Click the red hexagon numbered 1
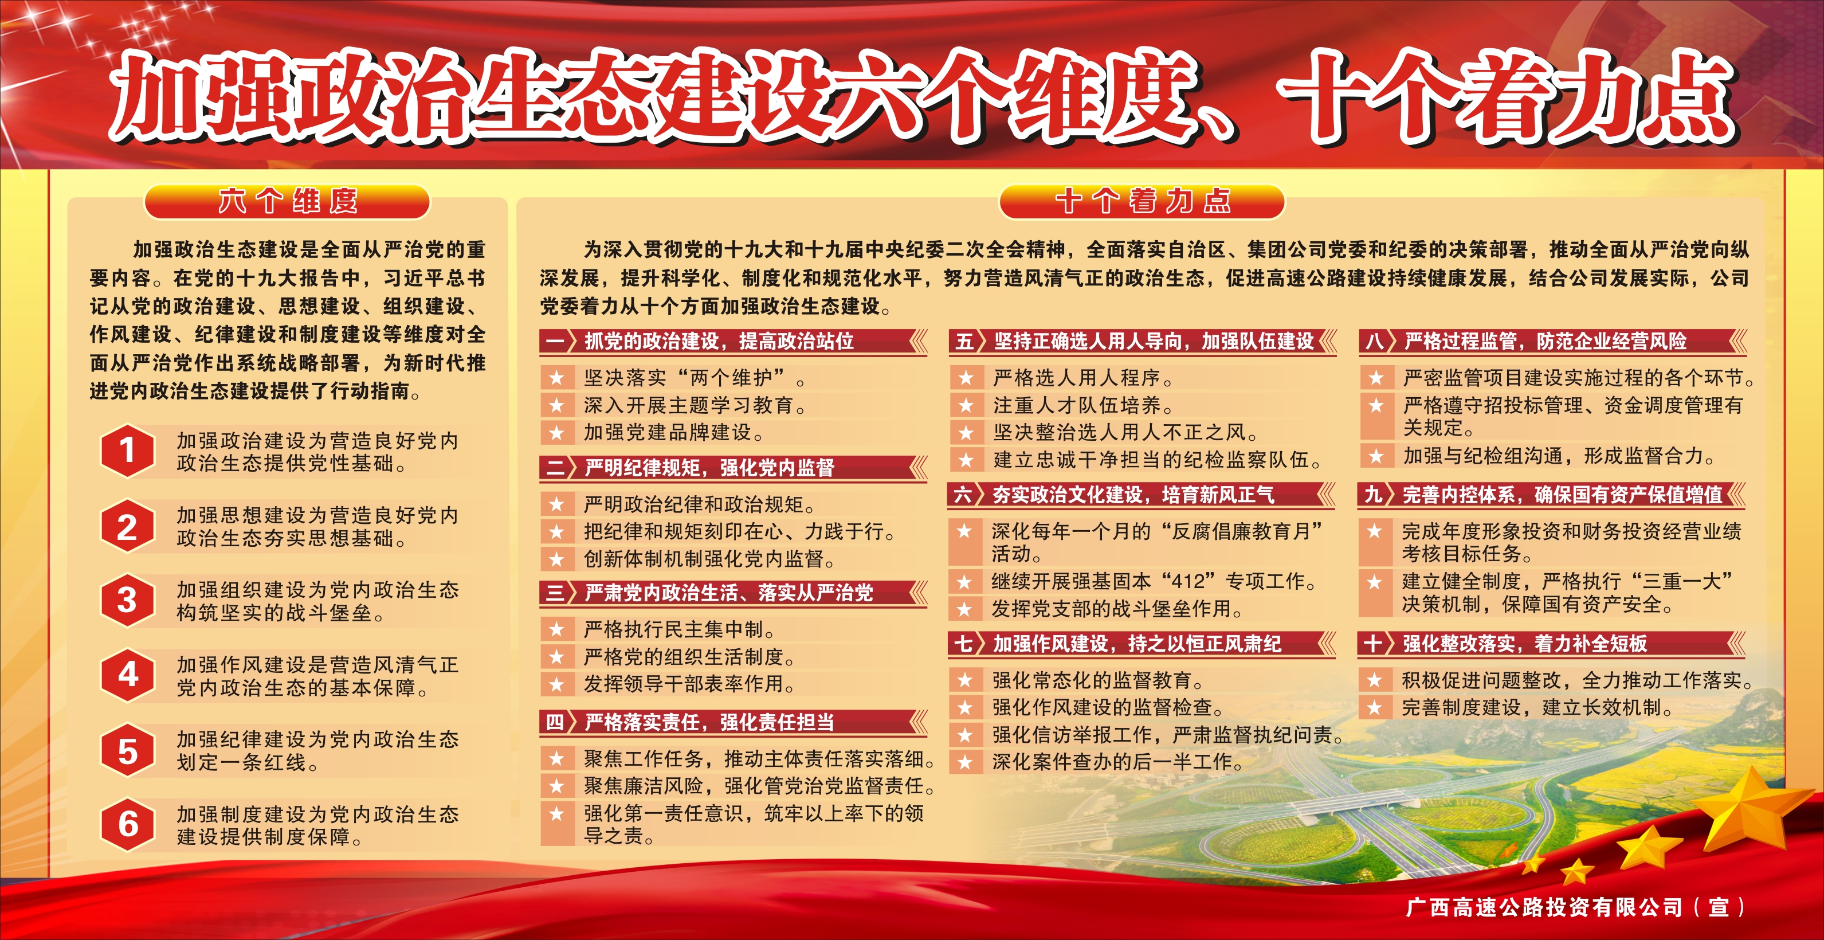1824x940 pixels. (x=127, y=451)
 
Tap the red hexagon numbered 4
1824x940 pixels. (x=127, y=675)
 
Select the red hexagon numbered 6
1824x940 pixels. (x=127, y=825)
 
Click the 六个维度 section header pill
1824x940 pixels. (x=288, y=202)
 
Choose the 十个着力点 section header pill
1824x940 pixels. (x=1142, y=202)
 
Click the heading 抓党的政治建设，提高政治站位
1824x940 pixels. (x=719, y=342)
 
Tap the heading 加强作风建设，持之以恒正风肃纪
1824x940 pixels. (x=1136, y=644)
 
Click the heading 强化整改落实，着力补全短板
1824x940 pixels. (x=1525, y=644)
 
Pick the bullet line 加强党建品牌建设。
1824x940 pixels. (x=674, y=433)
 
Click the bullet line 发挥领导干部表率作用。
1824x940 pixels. (x=690, y=684)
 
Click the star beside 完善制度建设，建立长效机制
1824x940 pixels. (x=1375, y=708)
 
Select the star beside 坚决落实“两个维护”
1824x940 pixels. (x=556, y=378)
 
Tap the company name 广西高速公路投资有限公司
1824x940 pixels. (x=1544, y=907)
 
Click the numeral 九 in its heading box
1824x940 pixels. (x=1374, y=495)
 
